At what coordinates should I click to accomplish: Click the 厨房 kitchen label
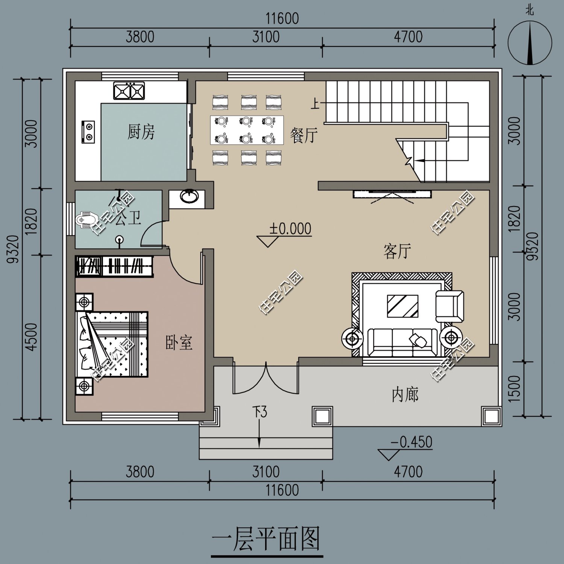[141, 132]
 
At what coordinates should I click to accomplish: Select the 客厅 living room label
[397, 251]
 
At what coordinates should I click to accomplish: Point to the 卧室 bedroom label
[179, 343]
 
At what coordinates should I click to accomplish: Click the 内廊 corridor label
[405, 395]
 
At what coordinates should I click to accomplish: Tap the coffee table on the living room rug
[403, 306]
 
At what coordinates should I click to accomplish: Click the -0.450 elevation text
[412, 442]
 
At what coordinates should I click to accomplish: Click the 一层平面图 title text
[266, 539]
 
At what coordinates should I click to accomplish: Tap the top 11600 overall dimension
[282, 18]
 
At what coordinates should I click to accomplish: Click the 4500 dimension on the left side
[32, 337]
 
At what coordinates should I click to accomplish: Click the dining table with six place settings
[247, 130]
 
